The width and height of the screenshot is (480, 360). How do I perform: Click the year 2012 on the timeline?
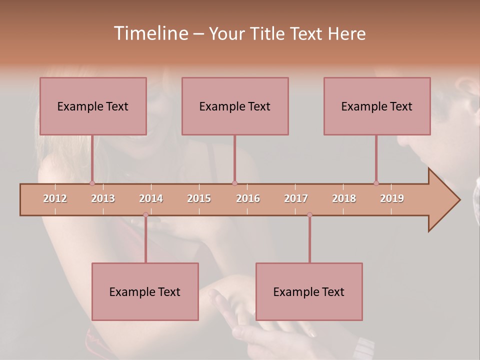click(x=55, y=198)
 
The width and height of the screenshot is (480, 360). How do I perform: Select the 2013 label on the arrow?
click(x=103, y=198)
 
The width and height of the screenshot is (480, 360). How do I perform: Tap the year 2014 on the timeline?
click(x=151, y=198)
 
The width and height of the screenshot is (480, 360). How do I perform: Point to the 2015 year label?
click(x=199, y=198)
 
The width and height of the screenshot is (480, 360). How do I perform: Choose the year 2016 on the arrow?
click(x=248, y=198)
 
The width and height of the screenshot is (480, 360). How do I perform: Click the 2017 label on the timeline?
click(x=296, y=198)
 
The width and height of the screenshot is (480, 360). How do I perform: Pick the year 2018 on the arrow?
click(x=344, y=198)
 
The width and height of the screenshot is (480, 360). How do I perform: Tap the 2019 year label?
click(x=392, y=198)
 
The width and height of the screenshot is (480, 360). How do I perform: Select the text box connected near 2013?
click(x=93, y=106)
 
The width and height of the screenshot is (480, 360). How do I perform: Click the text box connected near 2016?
click(x=235, y=106)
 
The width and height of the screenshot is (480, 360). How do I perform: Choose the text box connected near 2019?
click(x=377, y=106)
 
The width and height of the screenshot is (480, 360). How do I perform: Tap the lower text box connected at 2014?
click(x=145, y=291)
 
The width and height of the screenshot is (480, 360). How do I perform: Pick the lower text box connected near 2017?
click(x=309, y=291)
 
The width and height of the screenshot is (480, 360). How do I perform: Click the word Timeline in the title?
click(x=150, y=33)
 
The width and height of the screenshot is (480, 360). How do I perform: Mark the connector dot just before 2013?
click(x=92, y=183)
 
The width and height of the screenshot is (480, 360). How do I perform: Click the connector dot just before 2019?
click(x=376, y=183)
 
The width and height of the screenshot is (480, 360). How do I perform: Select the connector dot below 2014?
click(x=145, y=215)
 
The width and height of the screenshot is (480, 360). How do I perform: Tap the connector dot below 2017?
click(x=309, y=215)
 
